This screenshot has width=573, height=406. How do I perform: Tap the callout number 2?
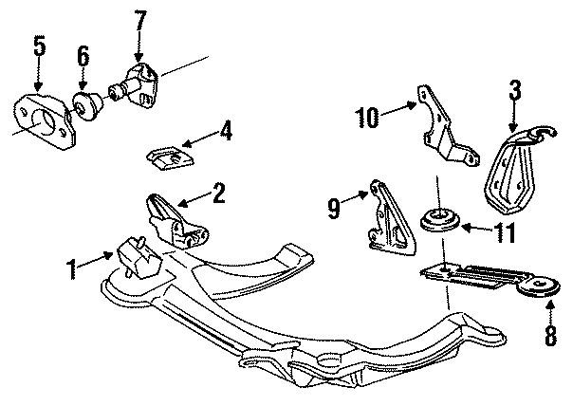[220, 195]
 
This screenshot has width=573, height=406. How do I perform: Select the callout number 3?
[514, 91]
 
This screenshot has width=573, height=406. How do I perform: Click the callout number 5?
[39, 45]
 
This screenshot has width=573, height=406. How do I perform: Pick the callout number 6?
[83, 56]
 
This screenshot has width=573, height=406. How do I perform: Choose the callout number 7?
[140, 20]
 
